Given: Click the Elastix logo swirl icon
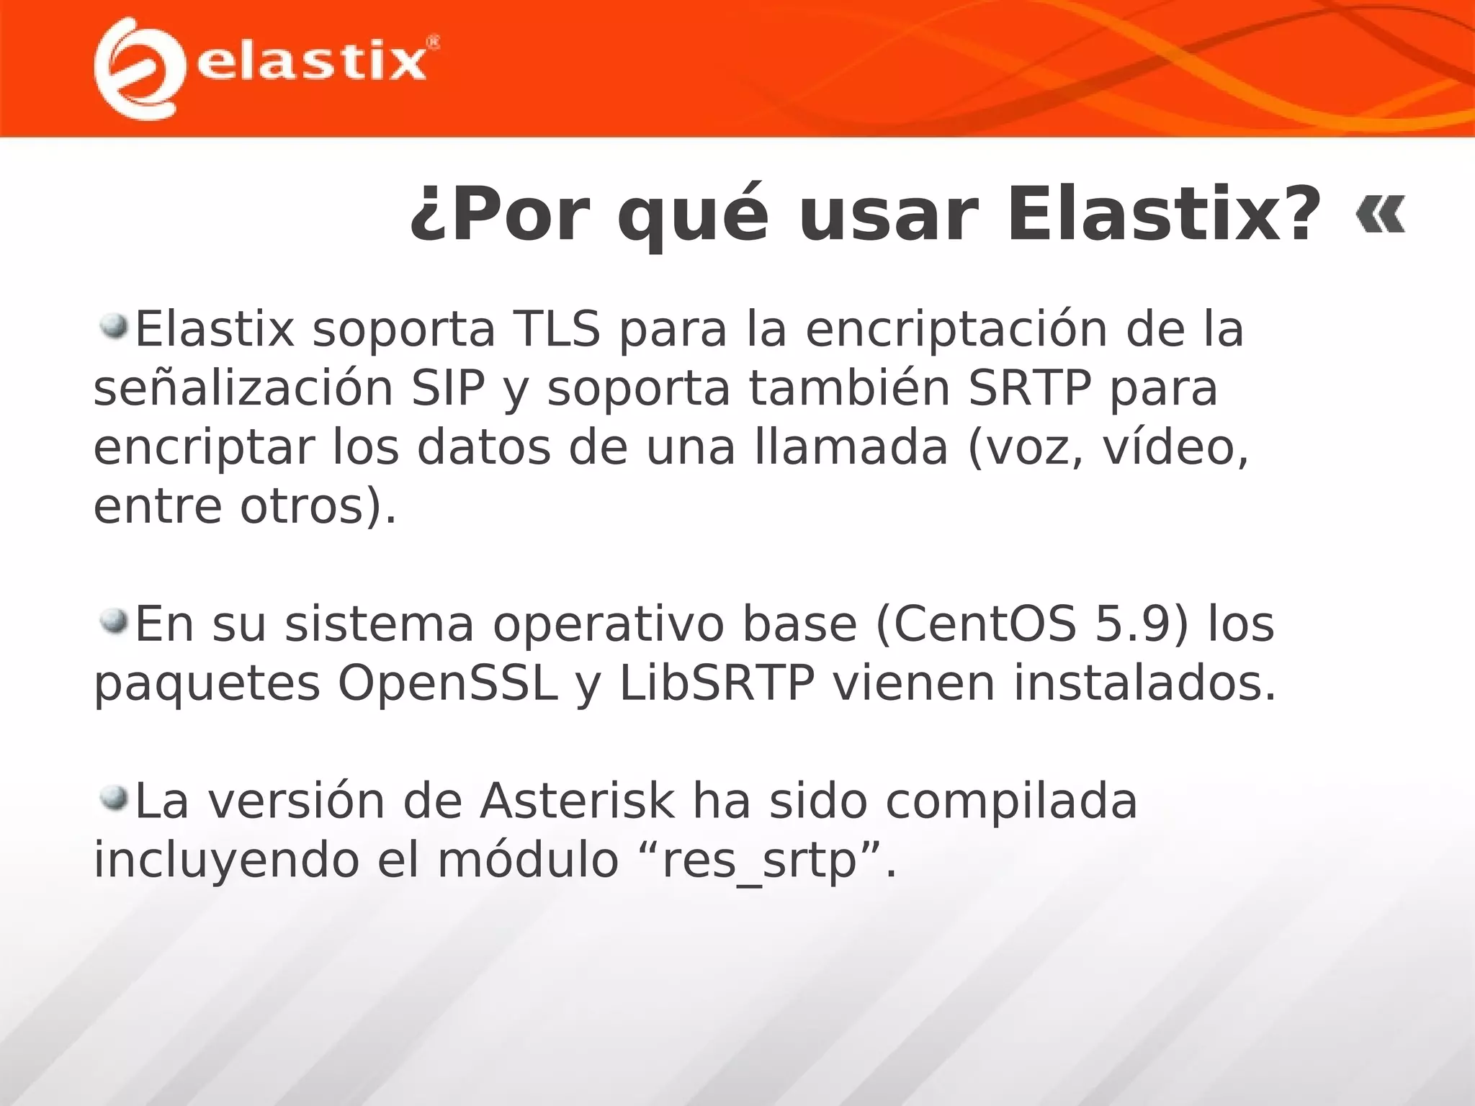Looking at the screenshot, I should tap(137, 68).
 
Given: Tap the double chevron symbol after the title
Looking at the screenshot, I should tap(1380, 215).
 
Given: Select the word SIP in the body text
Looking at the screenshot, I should tap(448, 389).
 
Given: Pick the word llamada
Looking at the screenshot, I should tap(851, 448).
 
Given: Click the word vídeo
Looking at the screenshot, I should tap(1176, 448).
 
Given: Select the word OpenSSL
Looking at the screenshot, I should tap(448, 683).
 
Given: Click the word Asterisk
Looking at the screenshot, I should tap(578, 801).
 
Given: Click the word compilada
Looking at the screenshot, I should tap(1011, 801).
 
